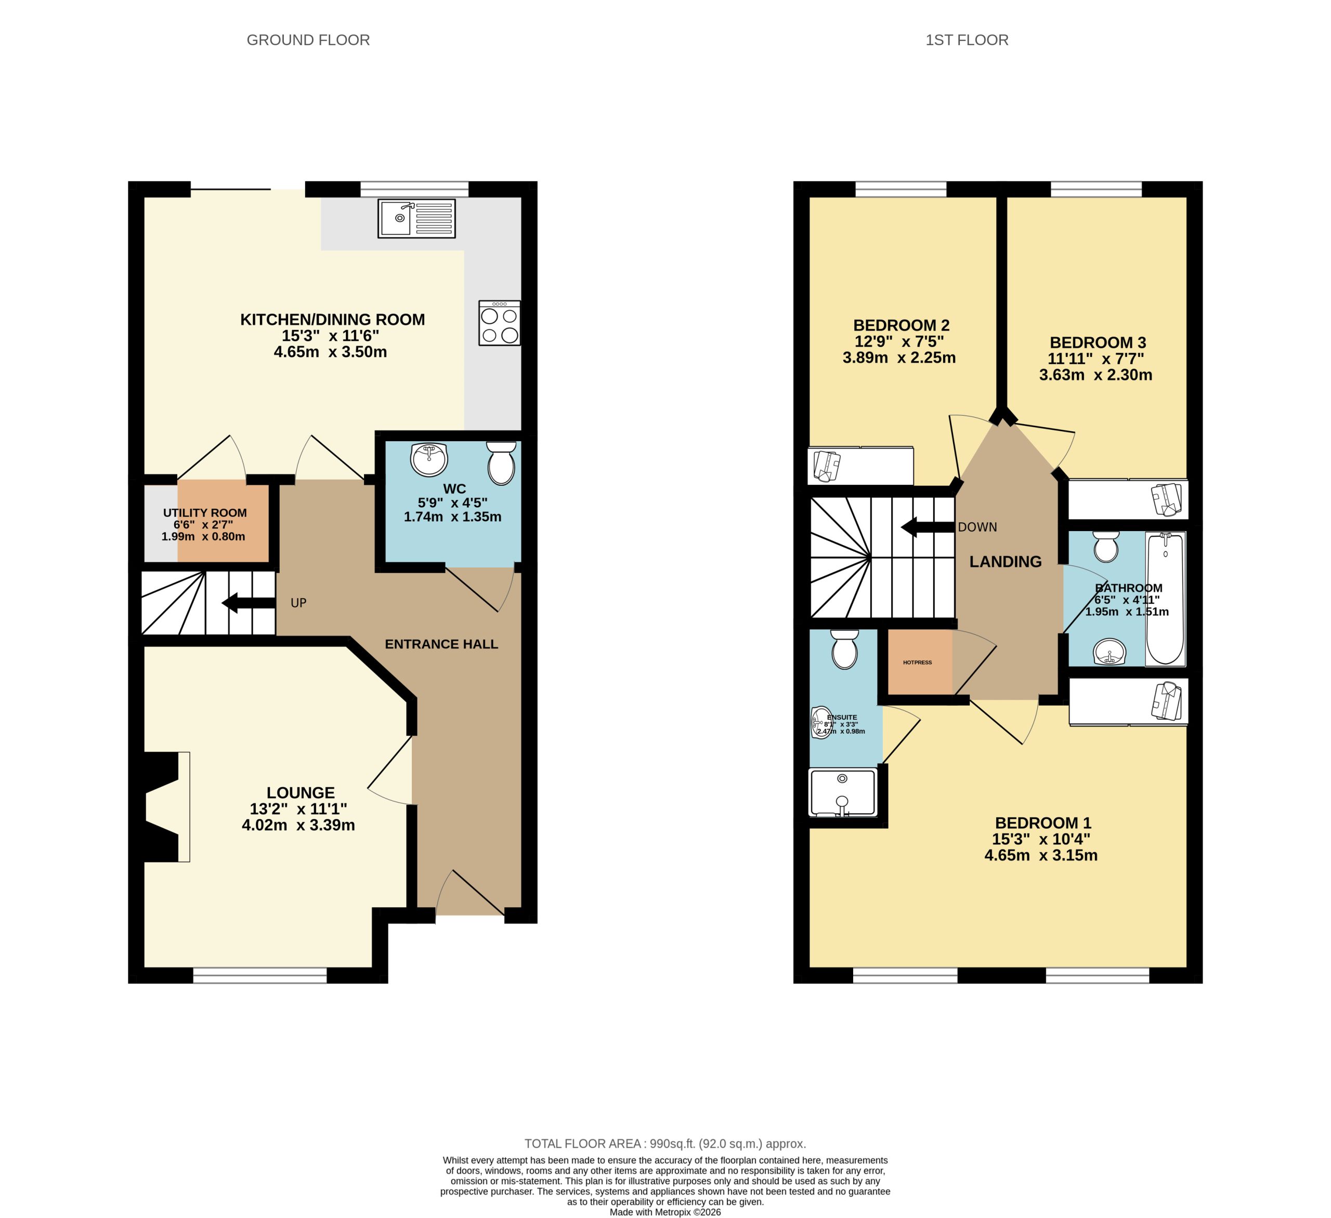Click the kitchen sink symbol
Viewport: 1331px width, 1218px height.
click(416, 219)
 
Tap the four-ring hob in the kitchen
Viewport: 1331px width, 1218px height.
click(499, 323)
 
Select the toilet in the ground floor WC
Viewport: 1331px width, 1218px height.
click(501, 463)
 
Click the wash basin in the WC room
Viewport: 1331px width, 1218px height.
click(429, 459)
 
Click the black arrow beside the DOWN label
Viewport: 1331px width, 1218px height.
click(928, 527)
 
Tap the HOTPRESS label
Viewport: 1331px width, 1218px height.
click(918, 662)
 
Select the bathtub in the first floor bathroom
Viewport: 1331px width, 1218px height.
click(1165, 599)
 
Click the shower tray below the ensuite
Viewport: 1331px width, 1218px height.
click(842, 792)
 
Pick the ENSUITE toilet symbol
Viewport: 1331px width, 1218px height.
click(844, 649)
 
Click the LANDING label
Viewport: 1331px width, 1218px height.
click(1005, 562)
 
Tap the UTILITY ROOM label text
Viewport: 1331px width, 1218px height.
click(205, 513)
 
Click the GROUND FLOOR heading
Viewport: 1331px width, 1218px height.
click(308, 40)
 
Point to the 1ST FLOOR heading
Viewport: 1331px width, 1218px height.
click(967, 40)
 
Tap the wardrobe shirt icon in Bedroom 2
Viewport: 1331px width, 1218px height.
click(827, 465)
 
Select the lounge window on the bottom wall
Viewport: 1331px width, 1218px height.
click(259, 976)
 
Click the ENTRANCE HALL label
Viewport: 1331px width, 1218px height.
click(441, 644)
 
